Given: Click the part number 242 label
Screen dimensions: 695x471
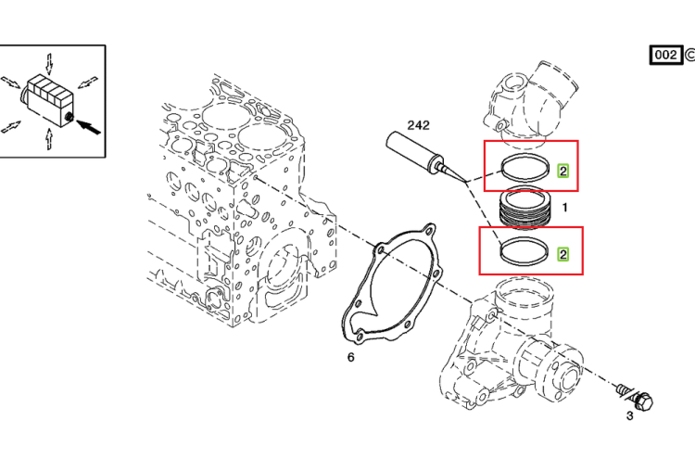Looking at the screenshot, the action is pyautogui.click(x=419, y=125).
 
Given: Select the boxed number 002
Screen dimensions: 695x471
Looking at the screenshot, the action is pyautogui.click(x=665, y=55).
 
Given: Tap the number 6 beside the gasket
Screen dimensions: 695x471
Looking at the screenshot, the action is pyautogui.click(x=350, y=357).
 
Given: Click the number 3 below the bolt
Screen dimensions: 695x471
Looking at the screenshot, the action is pyautogui.click(x=629, y=416).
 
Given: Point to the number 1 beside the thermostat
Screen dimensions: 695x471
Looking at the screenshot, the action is pyautogui.click(x=564, y=207).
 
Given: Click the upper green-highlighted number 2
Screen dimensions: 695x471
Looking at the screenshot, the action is pyautogui.click(x=562, y=172).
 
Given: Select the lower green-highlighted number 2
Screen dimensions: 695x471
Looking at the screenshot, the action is pyautogui.click(x=562, y=254).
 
